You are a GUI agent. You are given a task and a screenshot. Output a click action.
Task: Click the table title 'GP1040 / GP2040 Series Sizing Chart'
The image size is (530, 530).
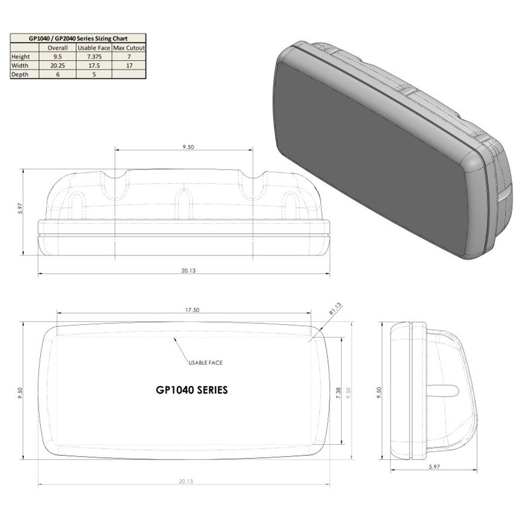point(78,38)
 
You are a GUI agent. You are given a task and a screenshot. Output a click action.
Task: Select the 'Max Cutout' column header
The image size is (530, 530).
point(129,48)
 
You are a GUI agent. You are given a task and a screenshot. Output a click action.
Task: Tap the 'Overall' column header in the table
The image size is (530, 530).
point(58,48)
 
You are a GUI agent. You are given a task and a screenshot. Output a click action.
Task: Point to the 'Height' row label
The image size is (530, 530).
point(22,56)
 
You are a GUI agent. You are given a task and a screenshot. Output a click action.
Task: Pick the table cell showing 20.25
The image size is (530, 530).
point(58,66)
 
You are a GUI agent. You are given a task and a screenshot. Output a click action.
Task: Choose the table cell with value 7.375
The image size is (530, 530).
point(94,56)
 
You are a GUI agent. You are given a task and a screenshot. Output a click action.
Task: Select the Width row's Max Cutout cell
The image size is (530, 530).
point(129,66)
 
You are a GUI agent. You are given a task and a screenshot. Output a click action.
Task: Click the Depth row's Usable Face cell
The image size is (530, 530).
point(94,75)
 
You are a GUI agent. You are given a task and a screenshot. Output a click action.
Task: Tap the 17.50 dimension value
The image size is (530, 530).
point(192,310)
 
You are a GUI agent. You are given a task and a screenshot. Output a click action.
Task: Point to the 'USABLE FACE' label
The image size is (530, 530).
point(205,363)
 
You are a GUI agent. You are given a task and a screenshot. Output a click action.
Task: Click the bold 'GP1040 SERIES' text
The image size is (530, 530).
point(192,390)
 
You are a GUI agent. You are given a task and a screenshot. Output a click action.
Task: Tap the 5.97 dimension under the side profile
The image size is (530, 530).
point(434,467)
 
